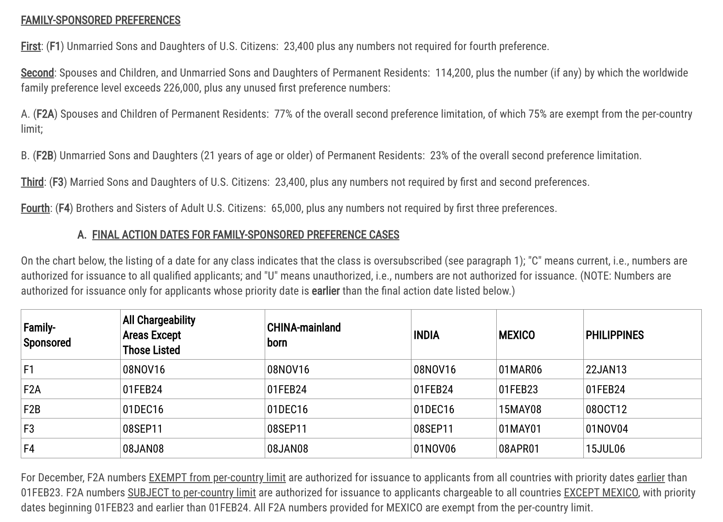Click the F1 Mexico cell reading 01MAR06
point(520,369)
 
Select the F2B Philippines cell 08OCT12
point(606,409)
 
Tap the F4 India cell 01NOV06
point(434,449)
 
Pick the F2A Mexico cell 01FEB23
point(520,389)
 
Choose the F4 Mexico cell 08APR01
point(519,449)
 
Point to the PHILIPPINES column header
point(614,335)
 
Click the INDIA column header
point(426,335)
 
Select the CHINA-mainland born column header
point(304,335)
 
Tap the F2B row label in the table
point(32,409)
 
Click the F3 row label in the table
point(29,429)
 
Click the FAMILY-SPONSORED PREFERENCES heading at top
point(100,20)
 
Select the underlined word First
point(30,46)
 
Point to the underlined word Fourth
point(35,208)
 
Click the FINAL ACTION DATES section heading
point(245,234)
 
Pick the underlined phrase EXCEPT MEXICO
point(601,492)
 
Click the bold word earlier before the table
point(325,291)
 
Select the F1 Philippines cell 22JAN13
point(606,369)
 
